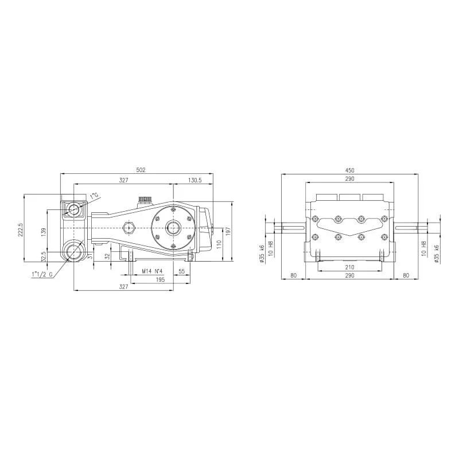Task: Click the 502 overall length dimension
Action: pos(141,170)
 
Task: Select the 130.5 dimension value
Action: pos(195,180)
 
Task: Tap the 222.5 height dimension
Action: pos(21,228)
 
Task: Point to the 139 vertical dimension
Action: pos(44,232)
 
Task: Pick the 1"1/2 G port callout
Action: pos(42,275)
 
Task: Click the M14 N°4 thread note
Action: pos(152,271)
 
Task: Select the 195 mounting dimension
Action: pos(160,279)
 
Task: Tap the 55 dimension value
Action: pos(181,271)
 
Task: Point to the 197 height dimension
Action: pos(228,232)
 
